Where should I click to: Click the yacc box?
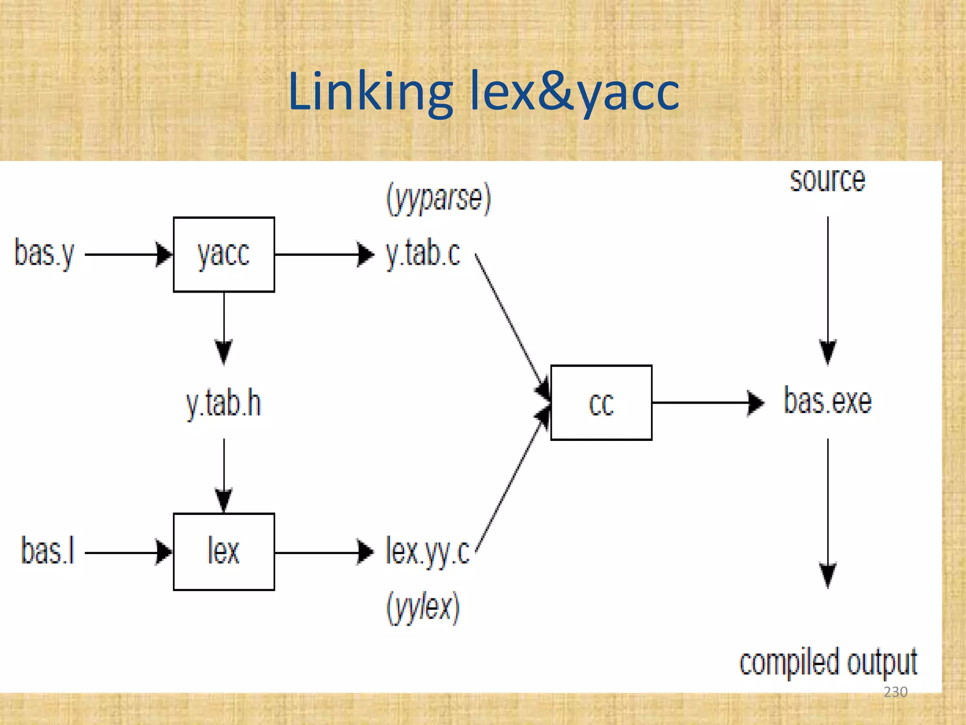pos(224,254)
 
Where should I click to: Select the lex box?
pos(224,551)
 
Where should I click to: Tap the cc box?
pos(601,403)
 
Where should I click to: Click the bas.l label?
pos(48,551)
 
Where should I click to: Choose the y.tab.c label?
pos(423,254)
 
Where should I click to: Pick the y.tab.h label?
pos(224,404)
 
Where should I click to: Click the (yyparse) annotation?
pos(439,199)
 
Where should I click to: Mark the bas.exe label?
pos(828,402)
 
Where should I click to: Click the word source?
pos(828,180)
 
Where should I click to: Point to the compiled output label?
pos(828,662)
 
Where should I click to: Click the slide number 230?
pos(895,692)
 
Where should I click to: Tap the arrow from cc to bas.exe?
pos(708,403)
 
